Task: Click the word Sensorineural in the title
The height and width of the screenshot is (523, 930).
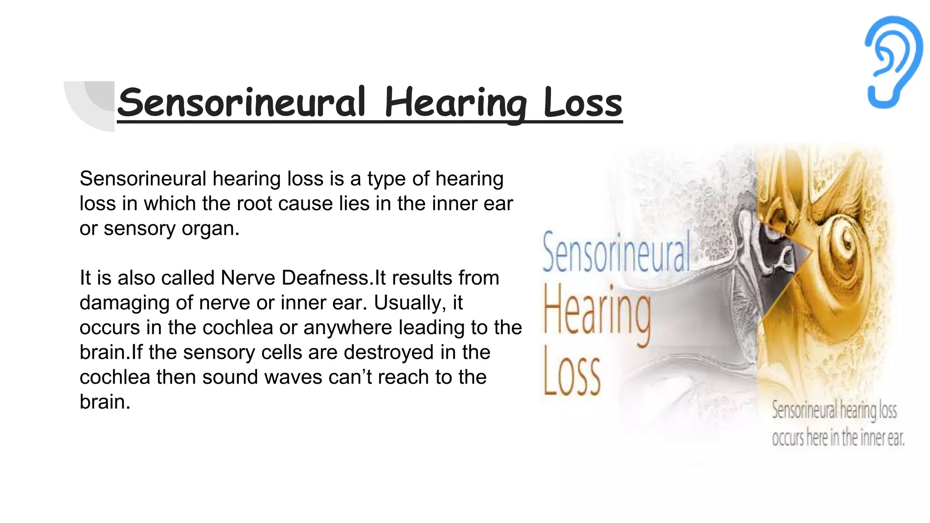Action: [241, 103]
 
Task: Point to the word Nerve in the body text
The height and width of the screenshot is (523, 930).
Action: [248, 278]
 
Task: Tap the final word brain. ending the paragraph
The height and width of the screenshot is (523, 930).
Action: [105, 402]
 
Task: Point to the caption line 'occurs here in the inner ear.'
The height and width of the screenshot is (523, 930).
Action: [838, 438]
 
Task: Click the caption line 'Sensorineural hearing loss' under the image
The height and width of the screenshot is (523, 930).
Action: [834, 410]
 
